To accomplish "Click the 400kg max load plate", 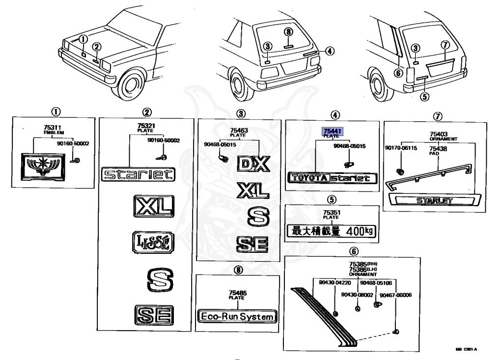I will click(x=331, y=231).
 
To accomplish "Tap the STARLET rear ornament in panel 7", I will click(x=434, y=200).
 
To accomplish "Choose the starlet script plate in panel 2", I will click(x=138, y=174).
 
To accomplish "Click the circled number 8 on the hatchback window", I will click(x=289, y=31).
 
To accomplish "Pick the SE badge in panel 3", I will click(x=253, y=244).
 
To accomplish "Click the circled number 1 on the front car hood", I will click(x=84, y=38).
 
